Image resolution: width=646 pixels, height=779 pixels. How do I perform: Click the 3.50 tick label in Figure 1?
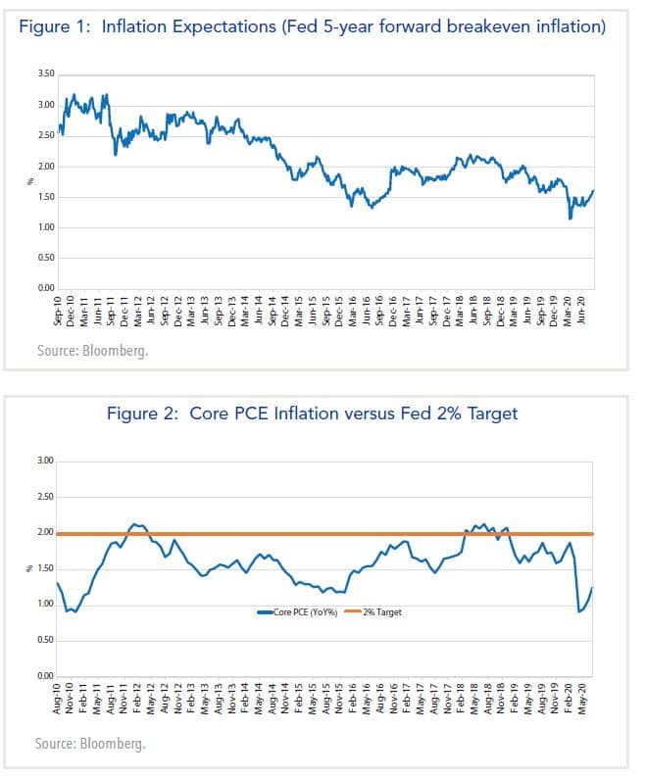pos(45,74)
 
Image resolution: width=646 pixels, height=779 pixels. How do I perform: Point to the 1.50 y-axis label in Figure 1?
pos(45,197)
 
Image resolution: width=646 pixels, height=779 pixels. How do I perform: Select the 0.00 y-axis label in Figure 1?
pos(45,288)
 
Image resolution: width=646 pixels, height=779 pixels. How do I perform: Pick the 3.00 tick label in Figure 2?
pos(45,461)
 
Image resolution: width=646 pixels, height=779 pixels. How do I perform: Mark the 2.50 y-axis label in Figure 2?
pos(45,497)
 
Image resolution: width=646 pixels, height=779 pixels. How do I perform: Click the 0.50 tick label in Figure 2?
pos(45,640)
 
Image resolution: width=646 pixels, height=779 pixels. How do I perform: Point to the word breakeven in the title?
pos(479,26)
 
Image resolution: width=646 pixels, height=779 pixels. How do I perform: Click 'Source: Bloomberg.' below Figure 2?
pos(90,745)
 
